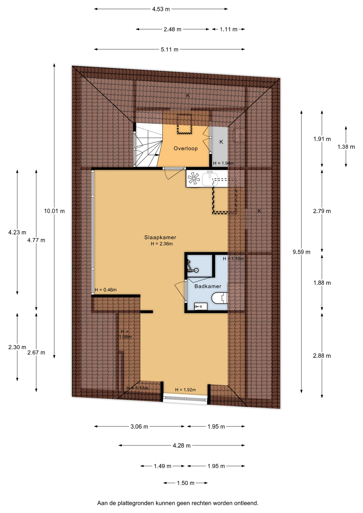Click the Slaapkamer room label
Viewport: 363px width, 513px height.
pos(160,237)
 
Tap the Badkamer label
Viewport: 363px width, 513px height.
pos(208,286)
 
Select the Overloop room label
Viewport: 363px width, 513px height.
pos(186,148)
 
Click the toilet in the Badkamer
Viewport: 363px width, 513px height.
pos(219,298)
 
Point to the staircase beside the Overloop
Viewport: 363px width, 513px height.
pos(148,146)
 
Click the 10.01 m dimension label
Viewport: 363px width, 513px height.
pos(54,211)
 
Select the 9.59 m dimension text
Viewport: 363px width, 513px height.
pos(302,252)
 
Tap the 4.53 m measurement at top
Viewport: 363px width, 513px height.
pos(161,9)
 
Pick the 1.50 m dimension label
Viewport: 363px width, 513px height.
pos(186,483)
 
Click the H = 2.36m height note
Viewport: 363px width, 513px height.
pos(162,244)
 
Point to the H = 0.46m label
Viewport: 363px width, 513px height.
pos(106,290)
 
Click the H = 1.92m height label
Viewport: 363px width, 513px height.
pos(186,390)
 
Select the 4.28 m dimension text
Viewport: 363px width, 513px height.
pos(181,446)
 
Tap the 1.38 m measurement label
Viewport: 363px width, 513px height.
pos(346,147)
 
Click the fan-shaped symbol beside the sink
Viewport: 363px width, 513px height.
pos(194,178)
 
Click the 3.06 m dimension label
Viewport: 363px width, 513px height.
pos(139,427)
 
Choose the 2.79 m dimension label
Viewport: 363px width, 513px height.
pos(322,211)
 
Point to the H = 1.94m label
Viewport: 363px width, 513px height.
pos(223,163)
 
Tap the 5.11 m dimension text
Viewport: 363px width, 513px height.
pos(169,49)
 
